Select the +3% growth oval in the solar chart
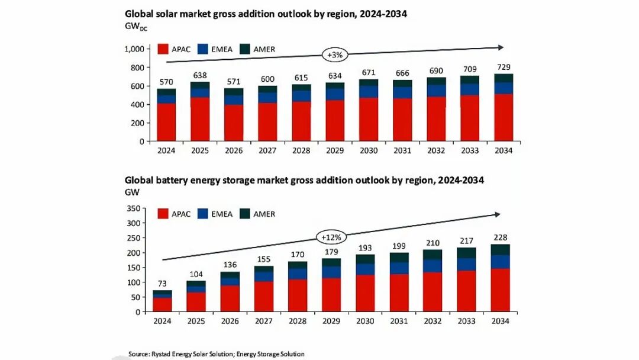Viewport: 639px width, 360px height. [x=334, y=54]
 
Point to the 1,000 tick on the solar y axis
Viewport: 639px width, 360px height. [x=134, y=49]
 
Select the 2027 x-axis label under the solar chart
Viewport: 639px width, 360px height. [x=267, y=150]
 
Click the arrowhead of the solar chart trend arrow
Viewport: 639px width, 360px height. [x=501, y=47]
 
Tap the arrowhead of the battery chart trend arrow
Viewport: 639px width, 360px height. [x=497, y=214]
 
